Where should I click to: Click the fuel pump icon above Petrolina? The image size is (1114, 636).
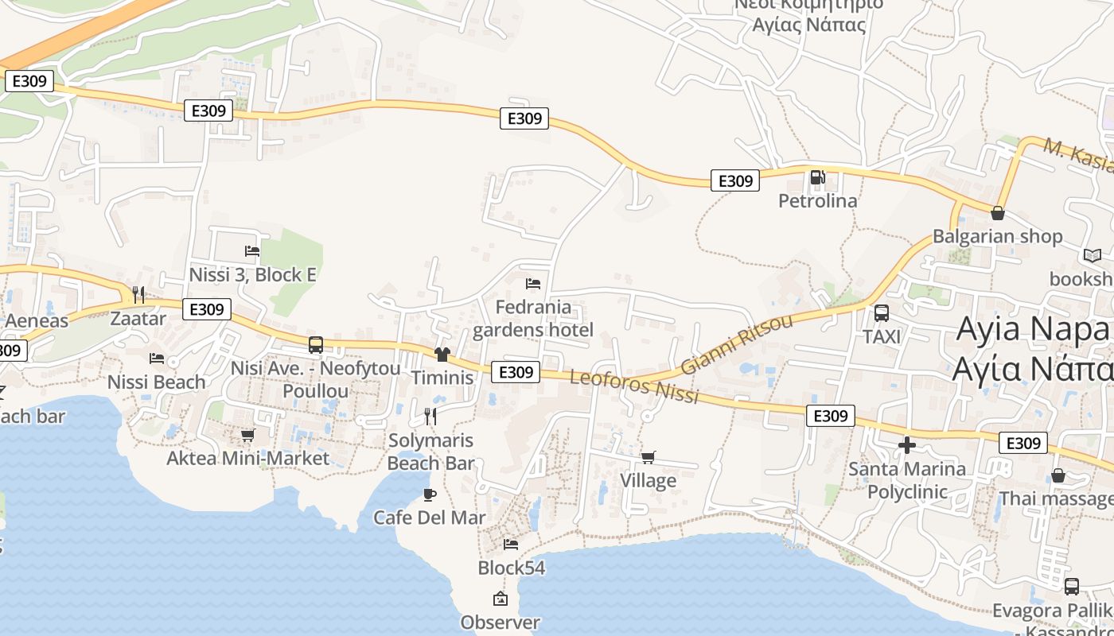coord(817,177)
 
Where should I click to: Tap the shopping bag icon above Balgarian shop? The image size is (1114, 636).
coord(997,213)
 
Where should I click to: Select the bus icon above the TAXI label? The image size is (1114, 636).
coord(882,313)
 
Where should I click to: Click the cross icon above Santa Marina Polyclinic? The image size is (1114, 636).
coord(907,445)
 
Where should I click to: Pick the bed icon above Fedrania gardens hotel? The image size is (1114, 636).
coord(533,283)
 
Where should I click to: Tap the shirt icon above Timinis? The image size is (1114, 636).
coord(442,355)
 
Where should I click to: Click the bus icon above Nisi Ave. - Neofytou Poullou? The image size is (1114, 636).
coord(316,345)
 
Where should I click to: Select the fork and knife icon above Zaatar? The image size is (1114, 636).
coord(138,295)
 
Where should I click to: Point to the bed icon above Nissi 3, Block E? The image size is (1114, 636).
coord(252,251)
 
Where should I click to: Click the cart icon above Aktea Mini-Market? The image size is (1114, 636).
coord(247,435)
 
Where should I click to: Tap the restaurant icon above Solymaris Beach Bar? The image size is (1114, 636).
coord(430,416)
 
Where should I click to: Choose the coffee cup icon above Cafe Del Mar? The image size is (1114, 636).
coord(430,494)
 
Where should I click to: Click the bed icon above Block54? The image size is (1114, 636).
coord(511,545)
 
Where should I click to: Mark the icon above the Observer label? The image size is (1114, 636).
coord(501,599)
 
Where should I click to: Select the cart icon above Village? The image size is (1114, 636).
coord(649,457)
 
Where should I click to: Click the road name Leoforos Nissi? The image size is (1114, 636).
coord(634,386)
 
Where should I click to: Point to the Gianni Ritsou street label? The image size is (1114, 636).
coord(737,344)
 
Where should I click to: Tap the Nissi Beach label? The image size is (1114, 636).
coord(156,382)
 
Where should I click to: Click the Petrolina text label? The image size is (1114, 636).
coord(818,200)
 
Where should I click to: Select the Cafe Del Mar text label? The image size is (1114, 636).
coord(430,518)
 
